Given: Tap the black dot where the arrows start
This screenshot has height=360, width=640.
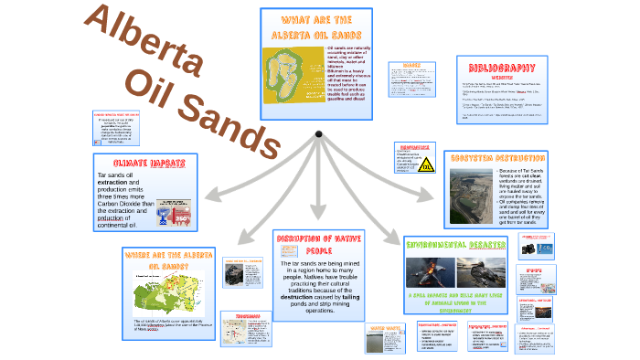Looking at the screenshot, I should coord(318,135).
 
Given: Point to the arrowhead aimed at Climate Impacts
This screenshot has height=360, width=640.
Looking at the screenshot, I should coord(204,195).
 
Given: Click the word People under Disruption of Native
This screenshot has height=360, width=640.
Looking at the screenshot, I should coord(317,249).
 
